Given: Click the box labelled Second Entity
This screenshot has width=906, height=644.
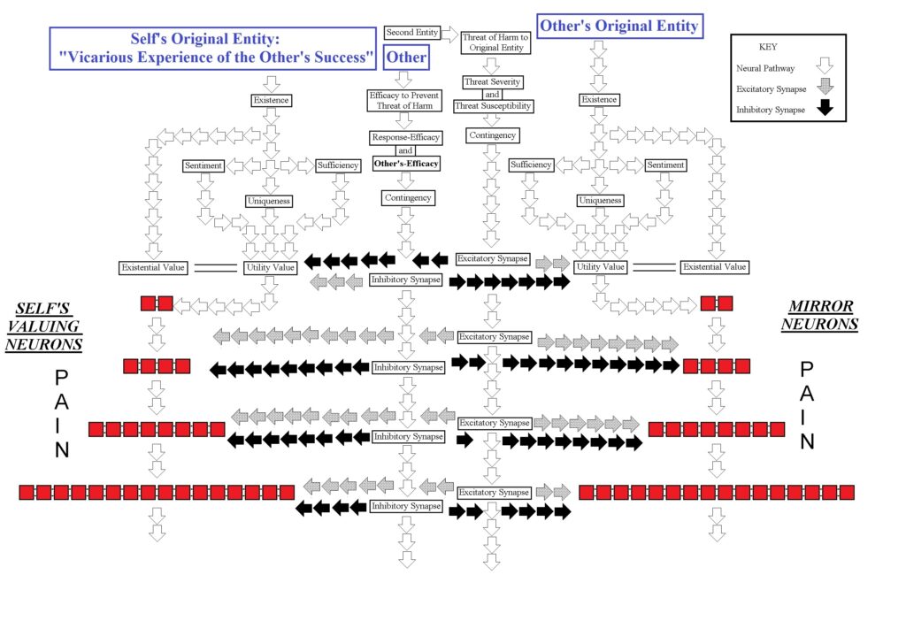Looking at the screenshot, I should [412, 33].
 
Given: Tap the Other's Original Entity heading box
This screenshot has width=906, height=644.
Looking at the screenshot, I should [619, 27].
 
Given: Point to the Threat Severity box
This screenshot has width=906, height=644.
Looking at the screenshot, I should [493, 82].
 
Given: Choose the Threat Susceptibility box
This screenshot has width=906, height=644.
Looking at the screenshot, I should [493, 106].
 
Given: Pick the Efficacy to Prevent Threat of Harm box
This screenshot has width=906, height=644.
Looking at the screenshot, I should [404, 100].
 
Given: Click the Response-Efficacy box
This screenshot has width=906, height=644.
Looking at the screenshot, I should [405, 138].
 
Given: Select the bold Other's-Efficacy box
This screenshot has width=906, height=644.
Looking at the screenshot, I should [405, 164].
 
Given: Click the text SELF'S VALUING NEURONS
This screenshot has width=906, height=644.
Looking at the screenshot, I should [44, 326].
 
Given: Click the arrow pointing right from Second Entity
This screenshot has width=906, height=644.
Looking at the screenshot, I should [449, 34].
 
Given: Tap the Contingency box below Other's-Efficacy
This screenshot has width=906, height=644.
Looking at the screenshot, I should [408, 197].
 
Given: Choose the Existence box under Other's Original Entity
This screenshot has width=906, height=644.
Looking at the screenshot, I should [599, 100].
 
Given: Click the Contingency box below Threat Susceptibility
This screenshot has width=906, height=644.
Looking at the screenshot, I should [493, 135].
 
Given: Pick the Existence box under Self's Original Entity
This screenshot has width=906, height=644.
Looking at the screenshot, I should [272, 100].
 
